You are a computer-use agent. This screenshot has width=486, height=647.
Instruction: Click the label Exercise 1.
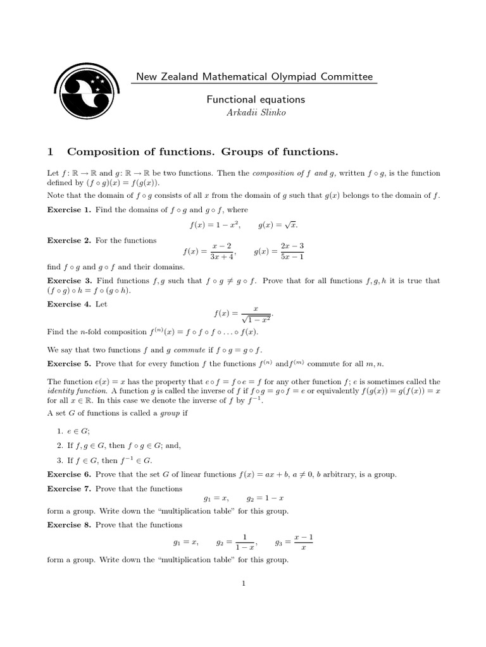coord(70,209)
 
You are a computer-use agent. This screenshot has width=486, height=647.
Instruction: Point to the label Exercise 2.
coord(70,240)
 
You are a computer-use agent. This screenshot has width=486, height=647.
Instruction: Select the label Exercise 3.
coord(70,281)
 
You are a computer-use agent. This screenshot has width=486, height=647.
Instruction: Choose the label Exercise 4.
coord(70,304)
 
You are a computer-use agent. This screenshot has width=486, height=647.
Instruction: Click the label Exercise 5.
coord(70,363)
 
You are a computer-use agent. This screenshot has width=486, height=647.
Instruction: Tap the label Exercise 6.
coord(70,475)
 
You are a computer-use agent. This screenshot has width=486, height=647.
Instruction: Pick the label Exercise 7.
coord(70,488)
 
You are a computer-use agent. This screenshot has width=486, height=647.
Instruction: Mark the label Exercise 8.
coord(70,525)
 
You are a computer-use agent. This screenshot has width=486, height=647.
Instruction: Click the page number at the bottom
coord(243,583)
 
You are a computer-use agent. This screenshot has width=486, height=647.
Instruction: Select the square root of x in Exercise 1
coord(291,224)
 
